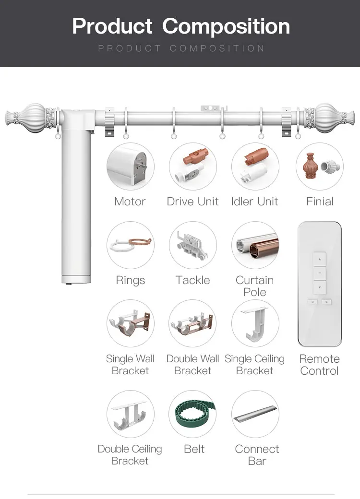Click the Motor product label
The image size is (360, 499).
(x=130, y=202)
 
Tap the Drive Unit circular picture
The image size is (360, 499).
(x=192, y=166)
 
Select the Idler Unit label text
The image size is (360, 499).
(x=254, y=202)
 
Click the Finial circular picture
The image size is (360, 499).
(x=319, y=166)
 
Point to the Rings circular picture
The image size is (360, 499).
(x=130, y=245)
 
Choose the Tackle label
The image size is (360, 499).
(x=192, y=280)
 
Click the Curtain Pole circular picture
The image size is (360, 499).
(x=255, y=245)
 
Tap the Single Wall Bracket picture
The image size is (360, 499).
(x=130, y=323)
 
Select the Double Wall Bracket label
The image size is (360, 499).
(x=192, y=365)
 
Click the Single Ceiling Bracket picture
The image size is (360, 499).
(x=255, y=323)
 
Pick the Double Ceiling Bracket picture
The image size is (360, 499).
(x=130, y=414)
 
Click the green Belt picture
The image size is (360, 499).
(x=192, y=414)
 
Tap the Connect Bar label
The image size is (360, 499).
(x=257, y=455)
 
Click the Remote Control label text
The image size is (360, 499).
(x=319, y=365)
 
